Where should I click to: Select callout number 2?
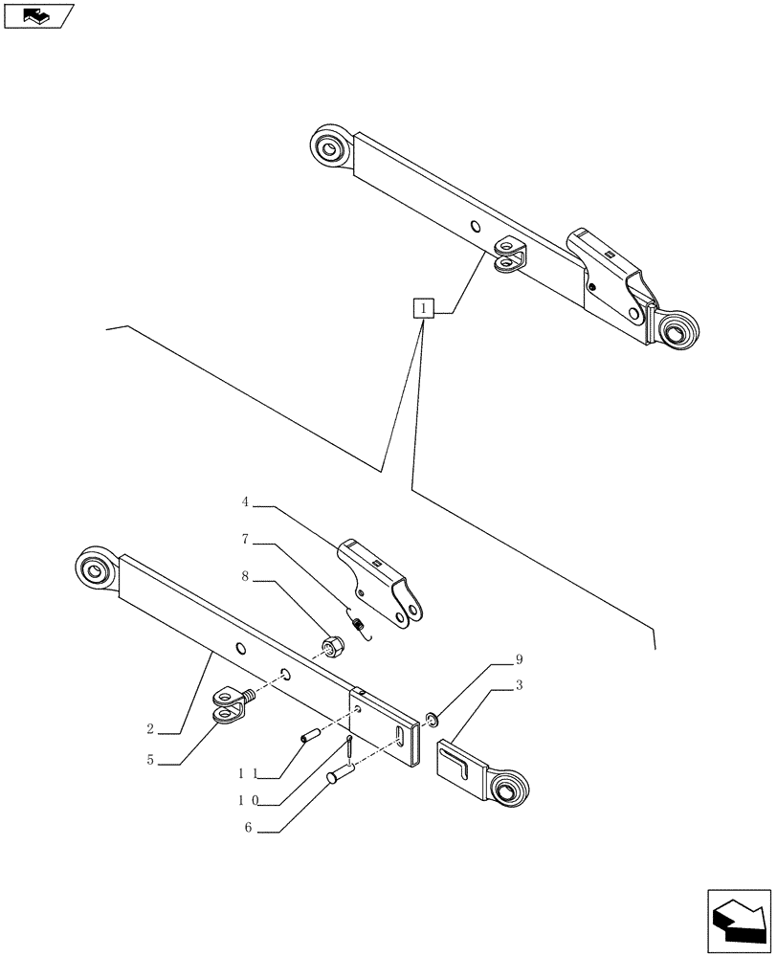(x=150, y=729)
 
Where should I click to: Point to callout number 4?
(x=246, y=501)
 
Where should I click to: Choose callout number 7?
(x=246, y=540)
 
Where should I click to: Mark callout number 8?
(x=246, y=578)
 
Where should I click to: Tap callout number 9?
(x=519, y=660)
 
